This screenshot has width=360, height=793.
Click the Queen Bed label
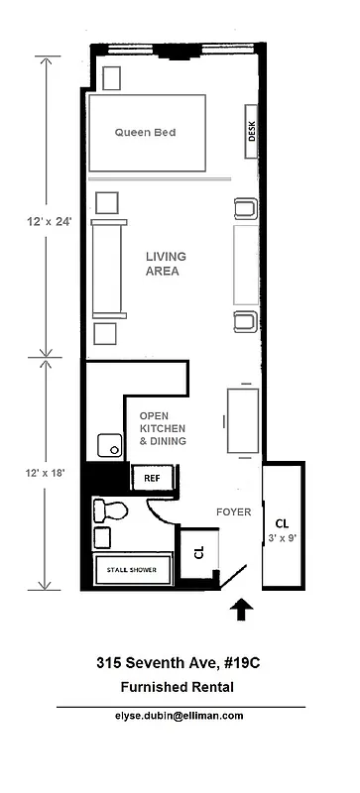145,132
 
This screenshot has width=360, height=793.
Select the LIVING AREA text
166,263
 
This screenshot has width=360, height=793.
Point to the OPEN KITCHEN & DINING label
163,428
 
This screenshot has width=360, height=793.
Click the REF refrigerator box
153,478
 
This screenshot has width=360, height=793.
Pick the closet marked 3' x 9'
283,528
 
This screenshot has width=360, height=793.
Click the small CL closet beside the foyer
197,553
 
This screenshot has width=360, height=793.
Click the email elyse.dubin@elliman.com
180,715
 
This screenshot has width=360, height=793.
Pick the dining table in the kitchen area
243,420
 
